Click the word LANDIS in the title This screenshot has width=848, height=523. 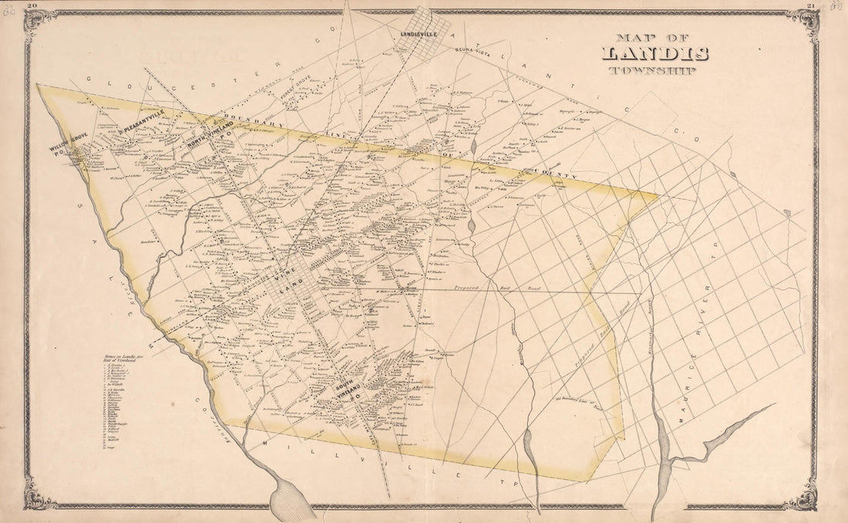coord(655,54)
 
